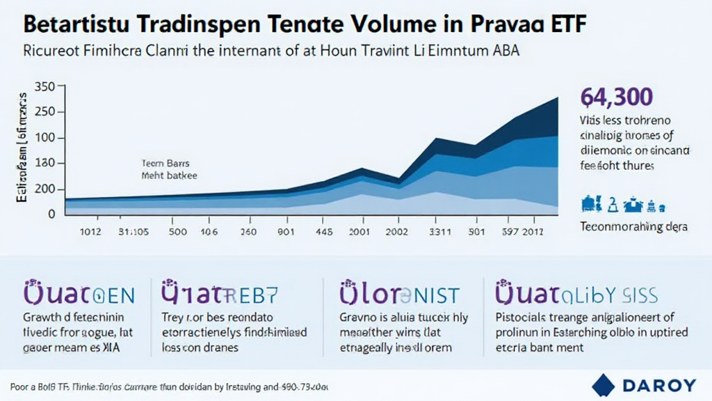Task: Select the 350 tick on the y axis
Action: tap(44, 87)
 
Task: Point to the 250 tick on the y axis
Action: tap(44, 113)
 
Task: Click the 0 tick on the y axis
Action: tap(51, 214)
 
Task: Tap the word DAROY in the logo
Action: tap(660, 384)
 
